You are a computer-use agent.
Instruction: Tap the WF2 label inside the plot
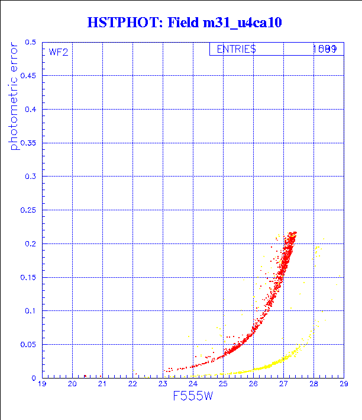coord(59,52)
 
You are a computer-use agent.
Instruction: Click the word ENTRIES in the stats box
coord(236,49)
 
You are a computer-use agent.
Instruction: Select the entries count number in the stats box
coord(325,49)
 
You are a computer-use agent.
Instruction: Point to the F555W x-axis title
coord(193,396)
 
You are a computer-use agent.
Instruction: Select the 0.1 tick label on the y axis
coord(30,311)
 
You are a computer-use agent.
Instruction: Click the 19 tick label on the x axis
coord(42,384)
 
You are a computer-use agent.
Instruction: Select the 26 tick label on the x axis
coord(253,384)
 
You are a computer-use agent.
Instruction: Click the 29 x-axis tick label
coord(343,384)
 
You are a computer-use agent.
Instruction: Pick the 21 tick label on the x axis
coord(102,384)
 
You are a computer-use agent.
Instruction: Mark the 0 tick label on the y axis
coord(34,378)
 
